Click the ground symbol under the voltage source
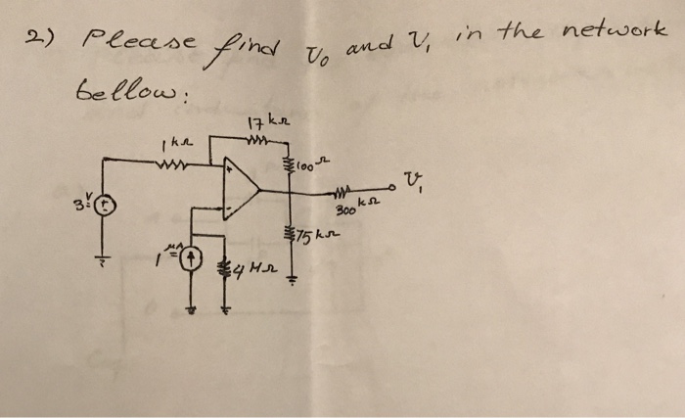pos(103,260)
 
